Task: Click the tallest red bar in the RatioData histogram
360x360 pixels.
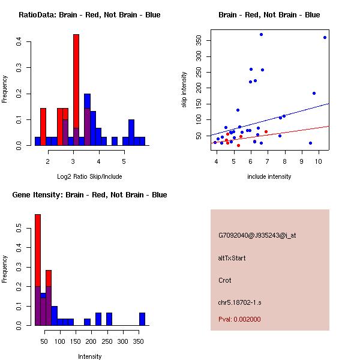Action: tap(76, 90)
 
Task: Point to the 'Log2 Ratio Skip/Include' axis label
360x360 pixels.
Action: tap(89, 176)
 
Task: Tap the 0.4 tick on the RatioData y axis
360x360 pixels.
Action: tap(19, 41)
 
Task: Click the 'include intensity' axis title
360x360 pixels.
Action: tap(269, 176)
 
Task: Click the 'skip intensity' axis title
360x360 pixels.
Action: tap(184, 90)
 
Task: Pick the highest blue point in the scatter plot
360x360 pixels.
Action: tap(261, 34)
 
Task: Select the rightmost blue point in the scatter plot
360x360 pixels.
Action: tap(325, 37)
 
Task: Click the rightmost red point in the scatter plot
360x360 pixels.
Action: tap(266, 131)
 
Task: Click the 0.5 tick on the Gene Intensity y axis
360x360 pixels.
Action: tap(19, 229)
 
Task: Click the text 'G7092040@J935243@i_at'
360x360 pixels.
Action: tap(257, 235)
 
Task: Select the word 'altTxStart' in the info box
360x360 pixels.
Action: tap(232, 258)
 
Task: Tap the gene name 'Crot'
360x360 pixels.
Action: tap(225, 280)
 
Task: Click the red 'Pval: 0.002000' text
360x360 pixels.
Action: tap(239, 319)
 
